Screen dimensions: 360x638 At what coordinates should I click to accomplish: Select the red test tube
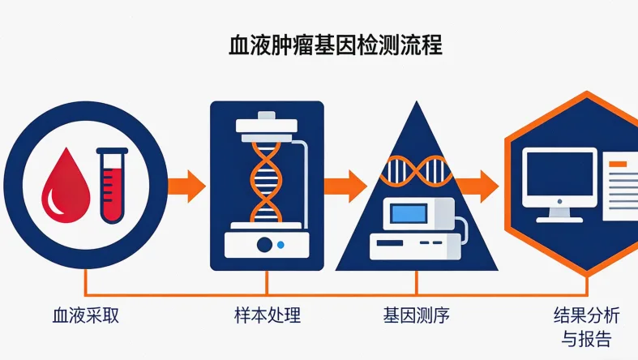pyautogui.click(x=112, y=184)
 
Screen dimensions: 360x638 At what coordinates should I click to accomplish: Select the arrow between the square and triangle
pyautogui.click(x=345, y=185)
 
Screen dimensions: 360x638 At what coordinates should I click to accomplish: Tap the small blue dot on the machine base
pyautogui.click(x=280, y=244)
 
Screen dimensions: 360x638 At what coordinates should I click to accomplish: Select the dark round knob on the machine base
pyautogui.click(x=264, y=244)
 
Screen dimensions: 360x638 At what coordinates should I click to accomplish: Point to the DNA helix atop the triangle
pyautogui.click(x=416, y=170)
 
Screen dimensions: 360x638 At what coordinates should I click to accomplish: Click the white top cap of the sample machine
pyautogui.click(x=266, y=125)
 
